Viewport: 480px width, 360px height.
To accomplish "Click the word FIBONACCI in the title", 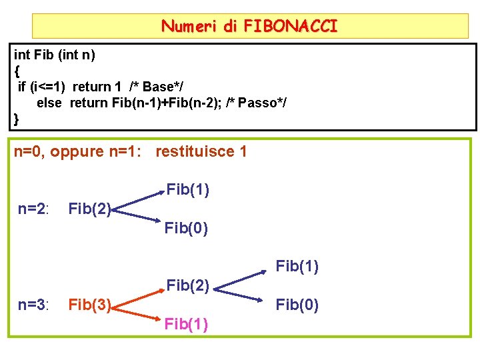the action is click(291, 27).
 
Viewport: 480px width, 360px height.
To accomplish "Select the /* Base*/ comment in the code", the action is click(157, 87).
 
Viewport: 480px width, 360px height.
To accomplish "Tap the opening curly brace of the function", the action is click(17, 71).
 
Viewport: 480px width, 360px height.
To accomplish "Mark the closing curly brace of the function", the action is click(17, 119).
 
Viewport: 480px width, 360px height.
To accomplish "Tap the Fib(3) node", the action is click(89, 305).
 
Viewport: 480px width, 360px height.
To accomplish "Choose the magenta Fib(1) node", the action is click(186, 325).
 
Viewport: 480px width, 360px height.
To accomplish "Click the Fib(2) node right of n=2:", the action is click(89, 209).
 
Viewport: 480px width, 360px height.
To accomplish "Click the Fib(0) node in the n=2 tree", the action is click(186, 229).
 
